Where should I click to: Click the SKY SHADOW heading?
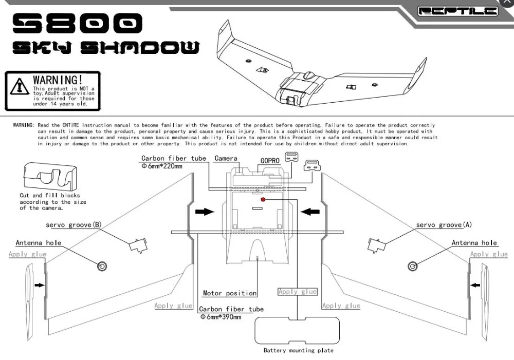(105, 48)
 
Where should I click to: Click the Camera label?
(226, 158)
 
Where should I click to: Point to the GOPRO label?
(269, 160)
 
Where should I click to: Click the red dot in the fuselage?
(263, 199)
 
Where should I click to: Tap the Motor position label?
(229, 293)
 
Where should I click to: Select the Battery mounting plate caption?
(298, 350)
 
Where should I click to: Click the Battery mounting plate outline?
(298, 330)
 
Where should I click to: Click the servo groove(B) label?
(74, 225)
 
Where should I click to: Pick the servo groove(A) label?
(444, 225)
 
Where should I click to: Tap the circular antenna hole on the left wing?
(102, 266)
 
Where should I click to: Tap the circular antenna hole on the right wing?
(412, 266)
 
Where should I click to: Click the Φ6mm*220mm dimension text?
(162, 166)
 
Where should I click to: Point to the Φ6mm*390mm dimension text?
(221, 317)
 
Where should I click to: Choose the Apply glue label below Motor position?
(298, 291)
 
